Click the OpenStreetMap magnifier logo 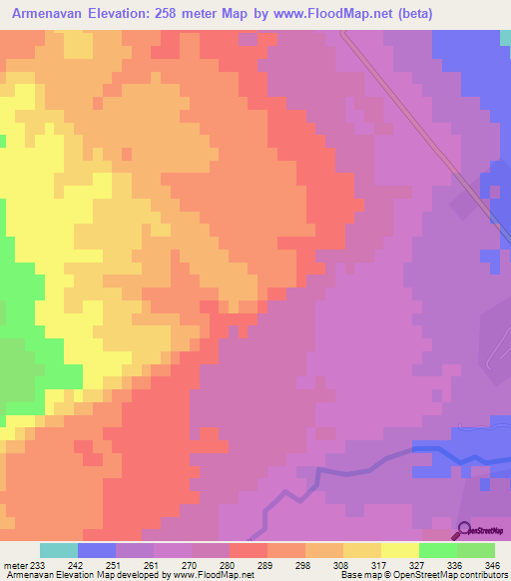pos(463,530)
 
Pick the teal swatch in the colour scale pos(59,550)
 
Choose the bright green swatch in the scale pos(437,550)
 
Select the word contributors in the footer pos(482,575)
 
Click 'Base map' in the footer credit pos(357,575)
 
